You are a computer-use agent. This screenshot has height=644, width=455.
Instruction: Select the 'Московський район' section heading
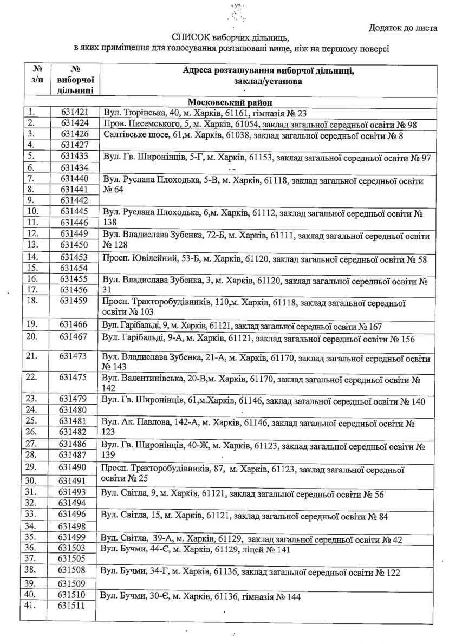[x=230, y=102]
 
